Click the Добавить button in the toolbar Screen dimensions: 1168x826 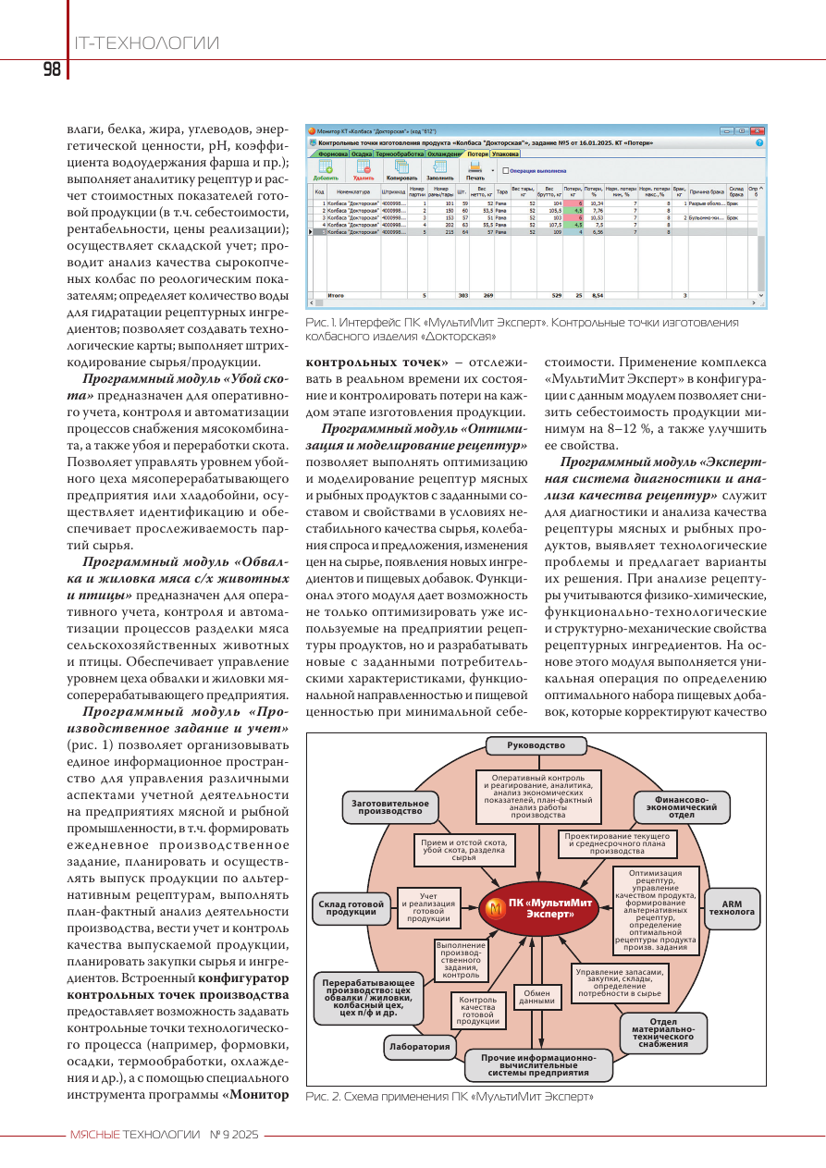(x=326, y=170)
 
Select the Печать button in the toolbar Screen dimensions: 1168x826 (x=475, y=170)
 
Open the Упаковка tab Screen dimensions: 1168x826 (x=505, y=154)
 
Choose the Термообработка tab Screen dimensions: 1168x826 (x=400, y=154)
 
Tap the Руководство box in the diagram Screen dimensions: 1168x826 (x=536, y=745)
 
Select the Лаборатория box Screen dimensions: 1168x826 (x=419, y=1047)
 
